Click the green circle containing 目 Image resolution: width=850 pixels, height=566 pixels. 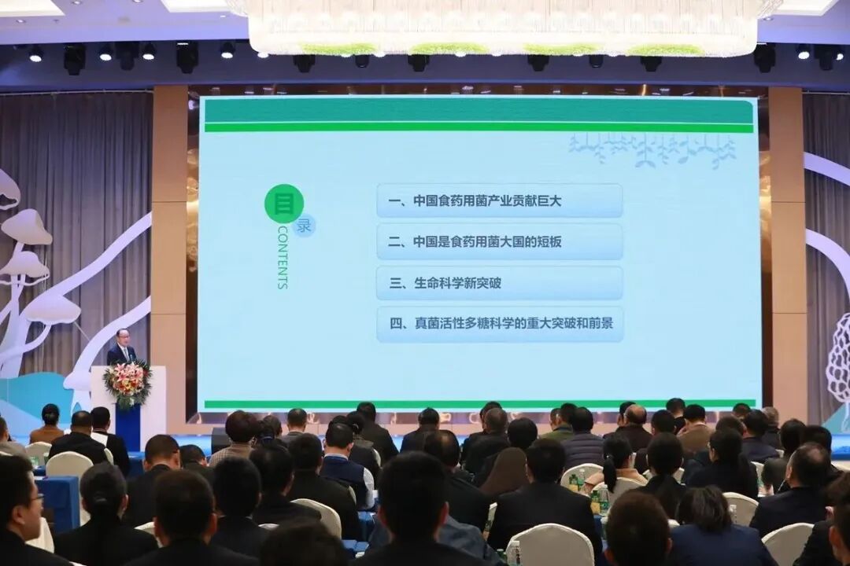[x=283, y=204]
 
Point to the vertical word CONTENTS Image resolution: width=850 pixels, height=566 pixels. [x=283, y=258]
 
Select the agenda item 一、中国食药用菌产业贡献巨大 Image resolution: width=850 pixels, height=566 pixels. [x=499, y=200]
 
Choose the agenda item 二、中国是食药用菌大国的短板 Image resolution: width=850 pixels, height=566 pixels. [x=499, y=242]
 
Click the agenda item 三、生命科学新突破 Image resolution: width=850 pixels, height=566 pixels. [x=499, y=283]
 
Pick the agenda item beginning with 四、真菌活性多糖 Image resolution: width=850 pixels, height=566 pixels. [x=499, y=324]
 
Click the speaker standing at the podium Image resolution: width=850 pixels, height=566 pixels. [x=121, y=348]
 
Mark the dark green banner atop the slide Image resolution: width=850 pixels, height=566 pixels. [x=478, y=111]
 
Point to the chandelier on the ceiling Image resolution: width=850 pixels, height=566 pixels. [x=504, y=28]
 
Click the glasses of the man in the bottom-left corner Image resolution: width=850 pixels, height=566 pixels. [x=35, y=498]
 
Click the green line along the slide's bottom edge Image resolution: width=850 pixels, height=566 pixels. [x=478, y=404]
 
